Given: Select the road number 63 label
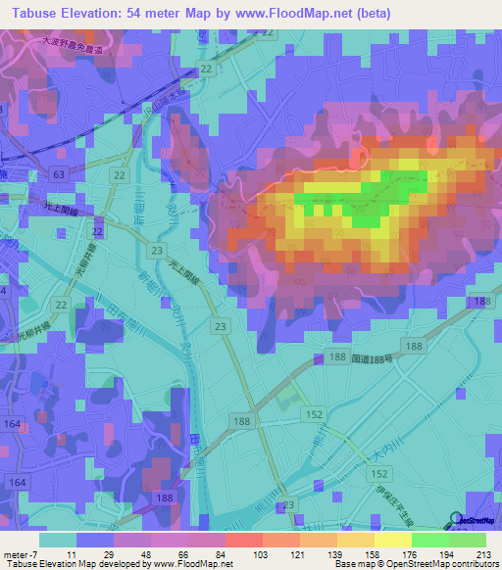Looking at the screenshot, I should pos(61,173).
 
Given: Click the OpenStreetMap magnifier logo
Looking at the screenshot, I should pos(458,519).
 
